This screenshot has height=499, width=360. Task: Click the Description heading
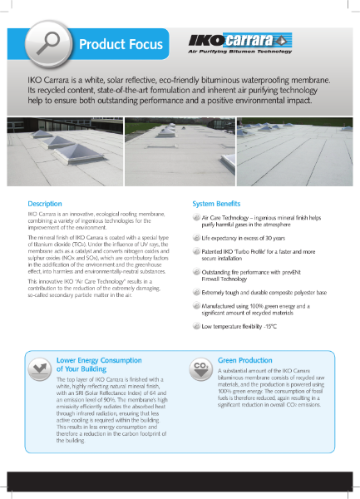pyautogui.click(x=45, y=204)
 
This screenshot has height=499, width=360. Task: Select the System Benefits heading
pyautogui.click(x=217, y=204)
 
